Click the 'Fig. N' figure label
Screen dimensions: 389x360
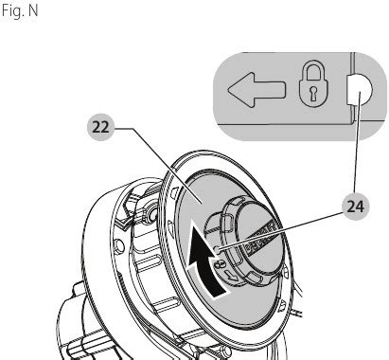tap(20, 11)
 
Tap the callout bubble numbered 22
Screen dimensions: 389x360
tap(100, 127)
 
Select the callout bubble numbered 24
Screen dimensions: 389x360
tap(355, 207)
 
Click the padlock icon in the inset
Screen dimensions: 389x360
tap(313, 83)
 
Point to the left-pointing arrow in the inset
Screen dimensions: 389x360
tap(256, 90)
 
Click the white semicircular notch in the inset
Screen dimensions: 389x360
tap(360, 90)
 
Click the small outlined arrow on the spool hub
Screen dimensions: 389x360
tap(232, 276)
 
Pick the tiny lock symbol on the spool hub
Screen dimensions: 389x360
tap(220, 263)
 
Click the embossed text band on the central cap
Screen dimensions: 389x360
tap(263, 239)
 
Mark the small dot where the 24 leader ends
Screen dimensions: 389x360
tap(217, 249)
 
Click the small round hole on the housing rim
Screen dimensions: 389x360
tap(119, 246)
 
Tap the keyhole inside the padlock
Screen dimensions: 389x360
tap(313, 94)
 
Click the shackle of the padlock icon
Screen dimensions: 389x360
tap(313, 70)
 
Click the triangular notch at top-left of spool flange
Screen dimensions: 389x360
tap(174, 192)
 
